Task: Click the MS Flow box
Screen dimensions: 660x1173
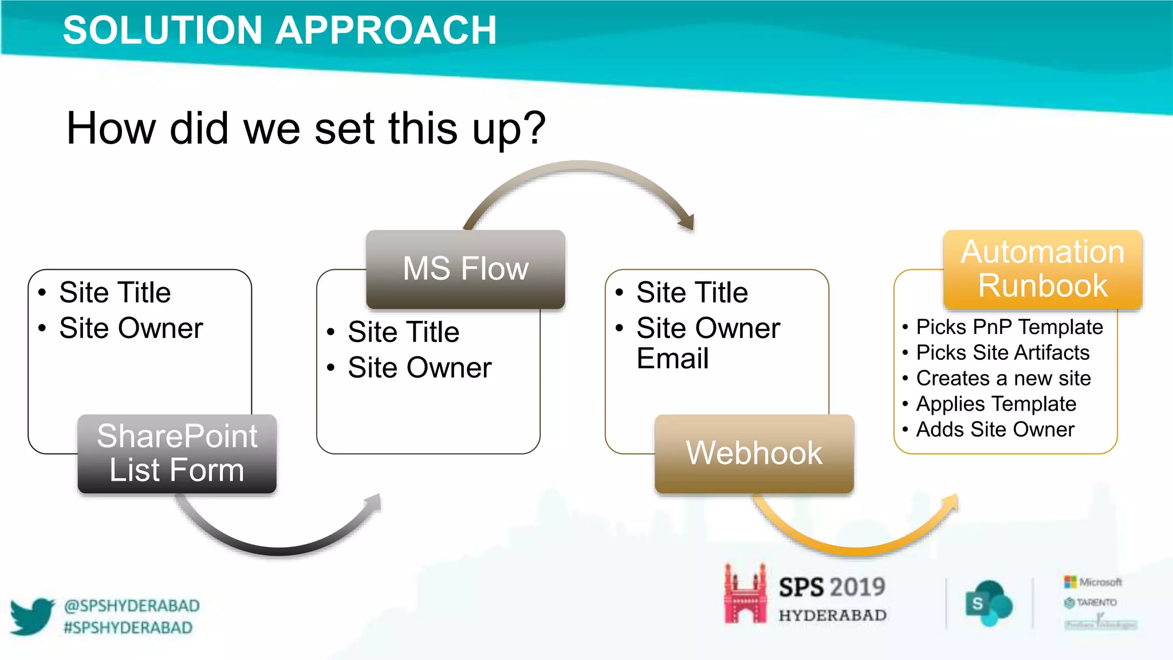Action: click(465, 269)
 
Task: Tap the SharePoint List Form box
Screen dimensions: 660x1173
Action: click(177, 453)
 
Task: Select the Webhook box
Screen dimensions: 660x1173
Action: click(754, 453)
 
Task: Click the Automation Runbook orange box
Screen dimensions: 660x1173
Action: click(1042, 269)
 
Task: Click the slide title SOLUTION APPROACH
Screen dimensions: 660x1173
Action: click(280, 30)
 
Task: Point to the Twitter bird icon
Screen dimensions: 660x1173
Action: click(32, 616)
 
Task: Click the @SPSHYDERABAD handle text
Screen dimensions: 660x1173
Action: click(132, 606)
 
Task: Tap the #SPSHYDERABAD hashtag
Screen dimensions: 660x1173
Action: click(128, 628)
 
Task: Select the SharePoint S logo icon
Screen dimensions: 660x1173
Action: click(988, 603)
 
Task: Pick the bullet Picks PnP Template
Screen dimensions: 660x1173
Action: click(1009, 327)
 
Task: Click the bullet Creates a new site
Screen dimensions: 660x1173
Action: click(1003, 378)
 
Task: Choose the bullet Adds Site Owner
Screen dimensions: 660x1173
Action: click(995, 429)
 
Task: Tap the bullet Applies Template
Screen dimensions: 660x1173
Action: click(996, 404)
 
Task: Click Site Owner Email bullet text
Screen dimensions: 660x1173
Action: click(708, 343)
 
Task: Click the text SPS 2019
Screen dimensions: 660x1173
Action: click(832, 587)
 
